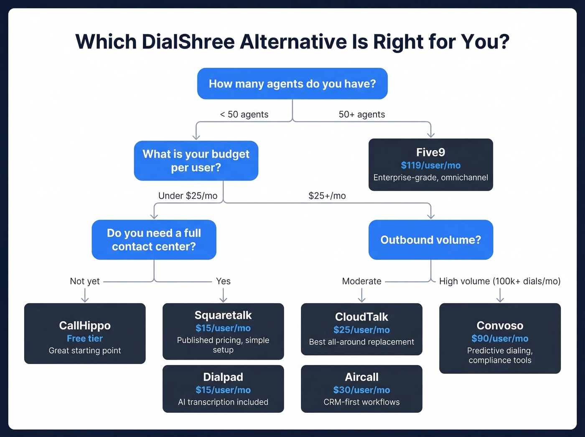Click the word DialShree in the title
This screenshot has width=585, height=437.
pos(188,42)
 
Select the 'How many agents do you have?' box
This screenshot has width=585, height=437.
pos(292,84)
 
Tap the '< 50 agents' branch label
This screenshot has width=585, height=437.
pos(244,115)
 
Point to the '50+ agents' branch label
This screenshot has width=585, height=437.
pos(361,115)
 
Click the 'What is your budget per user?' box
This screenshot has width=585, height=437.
pos(196,161)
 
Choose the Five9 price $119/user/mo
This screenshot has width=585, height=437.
pos(430,165)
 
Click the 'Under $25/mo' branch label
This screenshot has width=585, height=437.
pos(188,196)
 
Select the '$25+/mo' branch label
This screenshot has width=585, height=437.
pos(327,196)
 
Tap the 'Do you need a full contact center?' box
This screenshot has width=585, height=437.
pos(154,240)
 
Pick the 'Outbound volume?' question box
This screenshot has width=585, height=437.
pos(430,240)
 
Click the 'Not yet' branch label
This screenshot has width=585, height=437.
pos(85,281)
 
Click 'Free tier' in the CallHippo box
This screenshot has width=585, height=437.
pos(85,338)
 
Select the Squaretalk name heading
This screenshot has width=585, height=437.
pos(223,315)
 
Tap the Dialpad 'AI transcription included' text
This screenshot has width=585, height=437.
pos(223,402)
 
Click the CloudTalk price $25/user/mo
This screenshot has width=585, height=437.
pos(361,330)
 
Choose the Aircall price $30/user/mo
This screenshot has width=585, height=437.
pos(361,390)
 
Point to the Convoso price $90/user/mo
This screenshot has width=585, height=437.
pos(500,338)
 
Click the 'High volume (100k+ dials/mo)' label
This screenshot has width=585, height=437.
pos(500,281)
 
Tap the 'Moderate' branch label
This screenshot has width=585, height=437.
pos(361,281)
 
